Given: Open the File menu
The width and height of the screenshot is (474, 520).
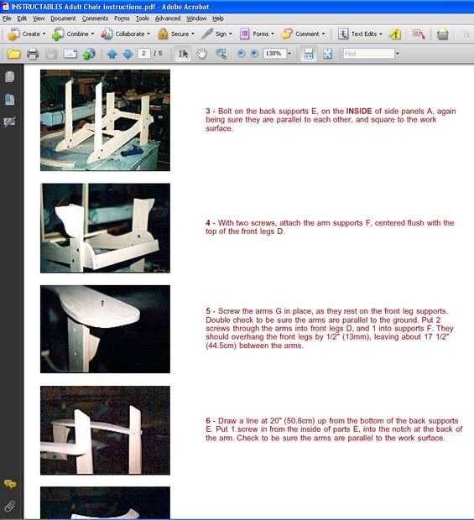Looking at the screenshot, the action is (x=7, y=18).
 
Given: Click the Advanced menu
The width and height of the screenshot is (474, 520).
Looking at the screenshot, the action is (x=168, y=18).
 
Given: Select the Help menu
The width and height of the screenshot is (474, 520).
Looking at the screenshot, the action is (x=218, y=18).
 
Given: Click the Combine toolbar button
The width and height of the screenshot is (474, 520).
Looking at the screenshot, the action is (x=73, y=34).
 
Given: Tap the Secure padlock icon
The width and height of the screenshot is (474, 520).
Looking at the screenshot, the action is (x=163, y=34).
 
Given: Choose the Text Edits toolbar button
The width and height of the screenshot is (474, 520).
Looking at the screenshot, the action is (x=360, y=34).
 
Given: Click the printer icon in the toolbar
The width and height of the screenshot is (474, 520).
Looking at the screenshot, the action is (x=33, y=54).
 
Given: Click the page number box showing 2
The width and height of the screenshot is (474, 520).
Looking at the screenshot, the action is (x=143, y=54).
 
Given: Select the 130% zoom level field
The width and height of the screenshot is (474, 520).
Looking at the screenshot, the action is (x=274, y=54).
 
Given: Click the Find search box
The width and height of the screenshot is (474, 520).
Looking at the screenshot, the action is (x=369, y=54).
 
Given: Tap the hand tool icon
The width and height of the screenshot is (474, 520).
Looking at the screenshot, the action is (x=201, y=54).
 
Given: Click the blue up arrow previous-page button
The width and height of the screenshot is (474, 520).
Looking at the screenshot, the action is (x=112, y=54).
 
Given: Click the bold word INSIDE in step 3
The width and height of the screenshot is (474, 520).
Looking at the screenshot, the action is (x=359, y=111).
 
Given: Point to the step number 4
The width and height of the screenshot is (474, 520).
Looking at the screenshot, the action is (x=208, y=223).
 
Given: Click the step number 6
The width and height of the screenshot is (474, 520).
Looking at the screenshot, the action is (x=208, y=420).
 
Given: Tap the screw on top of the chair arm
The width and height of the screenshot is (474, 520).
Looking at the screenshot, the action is (x=102, y=303).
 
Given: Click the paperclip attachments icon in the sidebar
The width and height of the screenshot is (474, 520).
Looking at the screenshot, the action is (x=10, y=506).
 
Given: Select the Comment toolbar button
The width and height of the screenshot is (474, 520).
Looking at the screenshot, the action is (x=303, y=34).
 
